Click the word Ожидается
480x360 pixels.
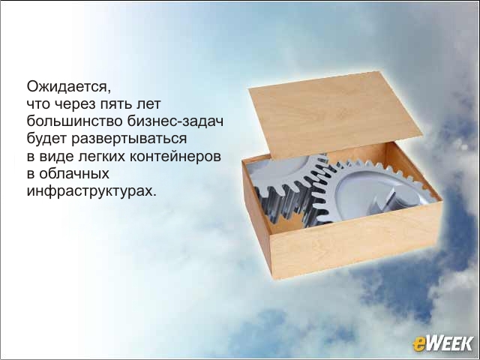[x=68, y=87]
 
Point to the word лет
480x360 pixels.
[x=148, y=104]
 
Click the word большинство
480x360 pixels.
[x=75, y=121]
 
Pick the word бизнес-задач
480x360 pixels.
[x=175, y=121]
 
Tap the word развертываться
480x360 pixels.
[x=129, y=139]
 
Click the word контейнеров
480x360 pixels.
[x=175, y=157]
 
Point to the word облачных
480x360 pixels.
[x=73, y=174]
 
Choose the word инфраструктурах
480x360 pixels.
[x=91, y=192]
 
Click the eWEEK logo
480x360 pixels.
[x=442, y=343]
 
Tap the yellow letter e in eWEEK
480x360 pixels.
[x=418, y=345]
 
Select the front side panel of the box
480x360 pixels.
[x=355, y=241]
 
